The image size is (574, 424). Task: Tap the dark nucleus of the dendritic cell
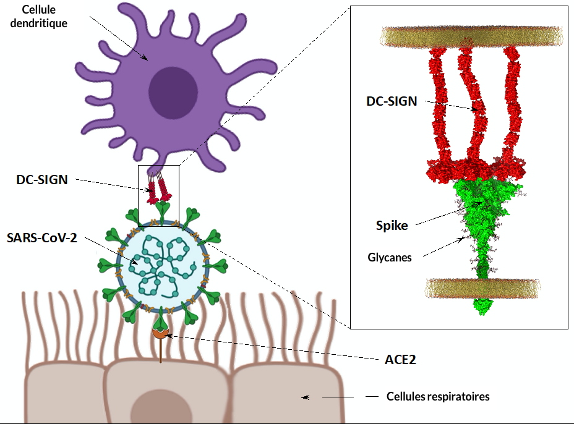(173, 90)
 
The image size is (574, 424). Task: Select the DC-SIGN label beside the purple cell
(41, 180)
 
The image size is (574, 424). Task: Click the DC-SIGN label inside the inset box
(392, 101)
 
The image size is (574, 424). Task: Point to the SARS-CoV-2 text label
(42, 237)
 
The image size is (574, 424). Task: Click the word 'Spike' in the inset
(392, 226)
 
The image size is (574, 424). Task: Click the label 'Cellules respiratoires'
(437, 397)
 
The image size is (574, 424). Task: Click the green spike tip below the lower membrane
(483, 306)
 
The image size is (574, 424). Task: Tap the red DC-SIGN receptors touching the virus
(158, 193)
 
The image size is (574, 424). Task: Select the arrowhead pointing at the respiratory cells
(305, 397)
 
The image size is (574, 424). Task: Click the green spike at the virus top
(163, 210)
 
